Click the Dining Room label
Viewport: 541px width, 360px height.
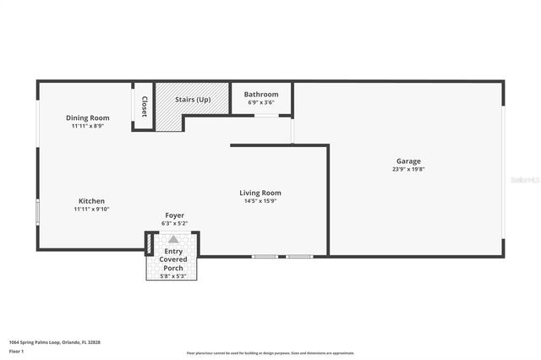tap(88, 117)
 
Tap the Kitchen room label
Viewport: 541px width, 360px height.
tap(91, 200)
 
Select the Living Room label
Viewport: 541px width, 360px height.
tap(260, 193)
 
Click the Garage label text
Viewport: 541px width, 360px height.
tap(408, 161)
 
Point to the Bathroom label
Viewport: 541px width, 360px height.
tap(261, 95)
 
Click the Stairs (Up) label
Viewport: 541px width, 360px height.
tap(193, 100)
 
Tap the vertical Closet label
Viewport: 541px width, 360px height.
tap(144, 106)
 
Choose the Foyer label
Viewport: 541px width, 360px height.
tap(174, 215)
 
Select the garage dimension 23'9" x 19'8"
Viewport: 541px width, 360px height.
tap(408, 169)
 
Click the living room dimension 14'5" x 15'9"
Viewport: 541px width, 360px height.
tap(260, 201)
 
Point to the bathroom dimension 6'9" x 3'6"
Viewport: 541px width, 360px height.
tap(261, 102)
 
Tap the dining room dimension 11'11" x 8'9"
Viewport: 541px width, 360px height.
tap(88, 126)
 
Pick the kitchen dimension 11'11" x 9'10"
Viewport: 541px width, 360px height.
tap(91, 209)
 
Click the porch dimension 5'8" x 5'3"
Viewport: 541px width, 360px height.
tap(173, 276)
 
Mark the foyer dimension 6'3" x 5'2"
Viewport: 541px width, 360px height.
tap(174, 223)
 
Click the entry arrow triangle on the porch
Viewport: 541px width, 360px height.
tap(173, 239)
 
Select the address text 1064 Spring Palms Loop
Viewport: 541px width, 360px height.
tap(42, 342)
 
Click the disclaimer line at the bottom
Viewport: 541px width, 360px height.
tap(270, 353)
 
